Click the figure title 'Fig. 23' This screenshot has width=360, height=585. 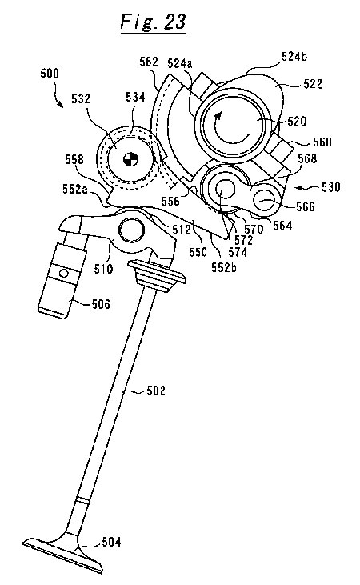tap(153, 22)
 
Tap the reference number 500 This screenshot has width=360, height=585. tap(50, 73)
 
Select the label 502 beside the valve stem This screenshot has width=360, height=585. tap(155, 391)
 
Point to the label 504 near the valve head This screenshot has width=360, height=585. tap(111, 542)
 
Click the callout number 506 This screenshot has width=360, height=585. tap(101, 304)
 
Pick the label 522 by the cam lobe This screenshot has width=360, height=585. tap(313, 84)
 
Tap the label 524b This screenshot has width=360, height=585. tap(294, 57)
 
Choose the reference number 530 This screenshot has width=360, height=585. tap(331, 186)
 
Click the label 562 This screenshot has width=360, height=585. tap(149, 62)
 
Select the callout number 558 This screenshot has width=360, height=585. tap(74, 160)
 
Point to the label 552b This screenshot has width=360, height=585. tap(224, 267)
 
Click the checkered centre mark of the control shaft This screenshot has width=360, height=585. tap(130, 159)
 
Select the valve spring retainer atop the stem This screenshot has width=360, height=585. tap(157, 275)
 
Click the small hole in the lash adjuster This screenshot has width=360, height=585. tap(64, 274)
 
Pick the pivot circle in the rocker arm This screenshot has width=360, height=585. tap(131, 230)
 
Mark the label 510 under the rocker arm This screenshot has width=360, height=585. tap(103, 268)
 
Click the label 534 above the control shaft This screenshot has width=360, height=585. tap(135, 97)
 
